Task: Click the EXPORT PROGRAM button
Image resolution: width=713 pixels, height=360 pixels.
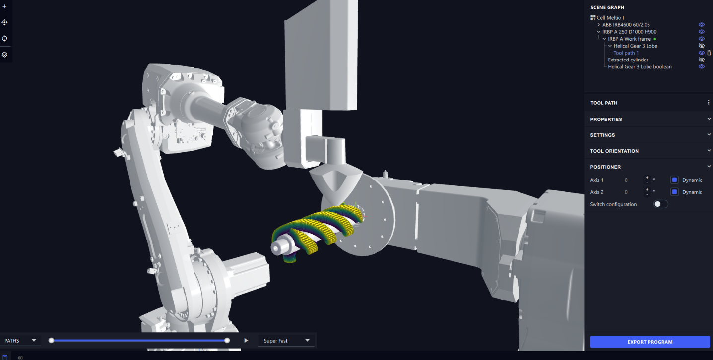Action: coord(649,342)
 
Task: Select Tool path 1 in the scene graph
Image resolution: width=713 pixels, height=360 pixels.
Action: coord(626,53)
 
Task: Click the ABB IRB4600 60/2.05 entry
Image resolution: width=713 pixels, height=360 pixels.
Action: coord(626,25)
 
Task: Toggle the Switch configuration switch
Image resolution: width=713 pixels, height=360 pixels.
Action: coord(660,204)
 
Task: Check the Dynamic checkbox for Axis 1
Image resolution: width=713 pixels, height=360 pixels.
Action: coord(674,180)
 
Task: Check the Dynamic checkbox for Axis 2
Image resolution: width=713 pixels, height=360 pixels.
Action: coord(674,192)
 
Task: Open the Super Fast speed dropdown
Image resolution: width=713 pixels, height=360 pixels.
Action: coord(286,341)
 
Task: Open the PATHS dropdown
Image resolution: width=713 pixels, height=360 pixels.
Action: coord(20,341)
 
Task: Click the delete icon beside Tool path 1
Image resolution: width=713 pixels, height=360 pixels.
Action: coord(709,53)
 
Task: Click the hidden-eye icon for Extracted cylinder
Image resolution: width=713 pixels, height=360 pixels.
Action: coord(701,60)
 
